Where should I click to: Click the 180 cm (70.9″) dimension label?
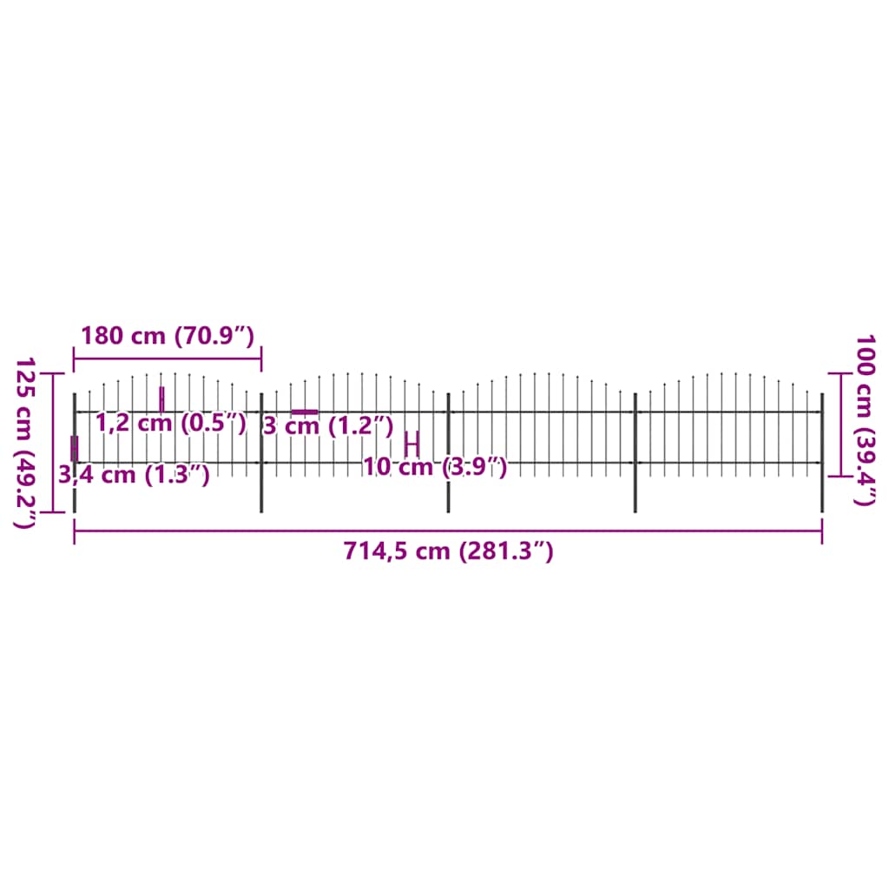[x=167, y=335]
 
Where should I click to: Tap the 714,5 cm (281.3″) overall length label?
[x=448, y=550]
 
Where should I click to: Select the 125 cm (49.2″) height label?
[x=25, y=442]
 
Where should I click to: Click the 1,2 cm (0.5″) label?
[x=170, y=424]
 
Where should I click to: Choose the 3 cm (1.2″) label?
[x=328, y=426]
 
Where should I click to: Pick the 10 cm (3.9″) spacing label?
[x=434, y=467]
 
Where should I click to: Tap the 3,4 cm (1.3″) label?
[x=134, y=475]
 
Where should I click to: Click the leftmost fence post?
[x=75, y=486]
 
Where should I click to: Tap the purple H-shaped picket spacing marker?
[x=412, y=443]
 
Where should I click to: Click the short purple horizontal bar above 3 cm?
[x=305, y=412]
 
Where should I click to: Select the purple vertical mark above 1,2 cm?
[x=161, y=398]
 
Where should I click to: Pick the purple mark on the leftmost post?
[x=75, y=448]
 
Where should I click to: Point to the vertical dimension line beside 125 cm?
[x=54, y=442]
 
